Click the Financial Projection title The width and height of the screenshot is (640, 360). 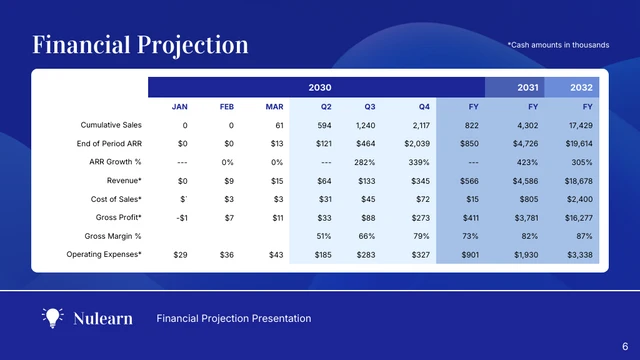point(140,45)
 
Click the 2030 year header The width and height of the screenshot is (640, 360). point(320,88)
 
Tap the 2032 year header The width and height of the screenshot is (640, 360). point(581,88)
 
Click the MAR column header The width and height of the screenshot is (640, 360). point(275,106)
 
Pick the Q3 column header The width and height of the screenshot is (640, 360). point(370,106)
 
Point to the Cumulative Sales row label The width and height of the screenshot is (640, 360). point(111,125)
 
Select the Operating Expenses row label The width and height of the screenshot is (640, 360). point(104,255)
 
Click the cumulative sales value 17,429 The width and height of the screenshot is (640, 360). point(580,125)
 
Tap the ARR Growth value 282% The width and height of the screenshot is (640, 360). point(365,162)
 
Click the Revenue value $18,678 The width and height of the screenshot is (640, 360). point(578,181)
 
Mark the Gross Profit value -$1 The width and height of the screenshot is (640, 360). point(182,218)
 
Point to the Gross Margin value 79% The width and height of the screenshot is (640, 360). point(421,236)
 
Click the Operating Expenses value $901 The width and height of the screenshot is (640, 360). point(467,255)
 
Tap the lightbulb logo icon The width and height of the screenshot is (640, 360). point(52,318)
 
